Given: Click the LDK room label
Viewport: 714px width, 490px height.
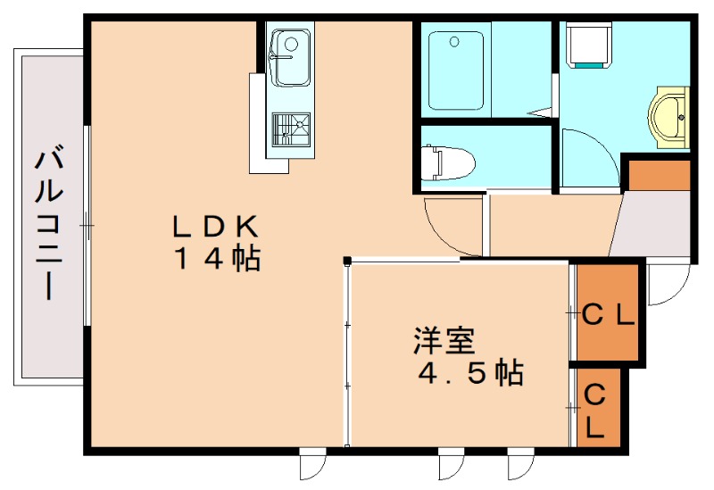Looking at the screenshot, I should coord(215,225).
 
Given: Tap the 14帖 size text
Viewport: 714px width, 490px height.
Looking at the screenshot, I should coord(217,259).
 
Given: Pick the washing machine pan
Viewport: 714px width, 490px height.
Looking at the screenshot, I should coord(589,45).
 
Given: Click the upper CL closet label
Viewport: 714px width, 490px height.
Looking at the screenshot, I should coord(608,314).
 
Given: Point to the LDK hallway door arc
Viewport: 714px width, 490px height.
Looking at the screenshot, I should coord(451,228).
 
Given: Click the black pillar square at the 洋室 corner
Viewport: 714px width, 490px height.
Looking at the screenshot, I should coord(346,262).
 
